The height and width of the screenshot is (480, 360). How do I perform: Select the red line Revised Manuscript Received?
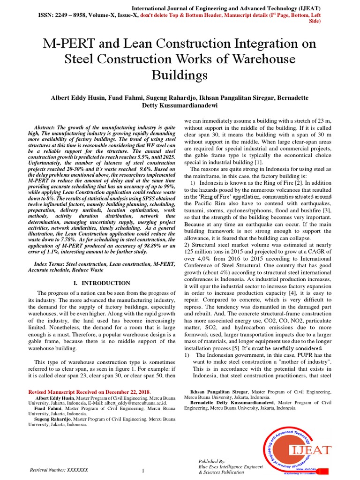[x=89, y=391]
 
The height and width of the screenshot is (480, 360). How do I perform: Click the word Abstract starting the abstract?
[x=45, y=128]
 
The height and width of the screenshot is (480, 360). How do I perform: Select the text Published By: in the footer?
[x=212, y=461]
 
